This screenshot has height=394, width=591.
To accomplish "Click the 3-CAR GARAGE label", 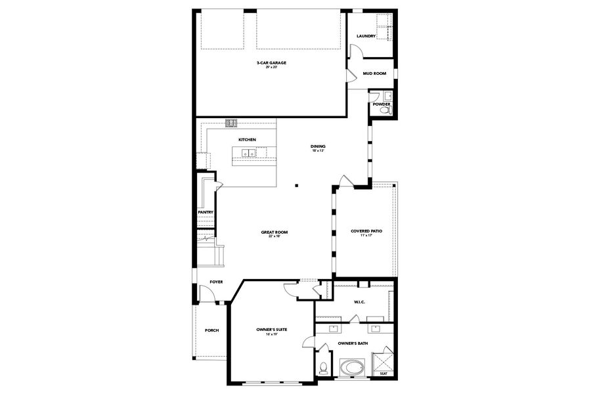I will tap(271, 63).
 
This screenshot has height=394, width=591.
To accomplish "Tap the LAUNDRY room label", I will tap(366, 36).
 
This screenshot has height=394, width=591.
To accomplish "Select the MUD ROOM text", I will tap(374, 74).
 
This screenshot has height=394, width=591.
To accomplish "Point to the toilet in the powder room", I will tap(387, 112).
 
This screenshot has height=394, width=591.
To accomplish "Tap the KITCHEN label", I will tap(247, 140).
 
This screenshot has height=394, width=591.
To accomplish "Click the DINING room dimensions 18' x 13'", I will tap(318, 151).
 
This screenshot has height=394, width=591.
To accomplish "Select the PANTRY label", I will tap(206, 212).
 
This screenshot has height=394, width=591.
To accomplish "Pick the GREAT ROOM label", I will tap(274, 232).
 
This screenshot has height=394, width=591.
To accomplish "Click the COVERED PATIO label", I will tap(366, 231).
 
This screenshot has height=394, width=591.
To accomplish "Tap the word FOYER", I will tap(216, 282).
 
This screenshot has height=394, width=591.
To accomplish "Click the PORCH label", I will tap(211, 330).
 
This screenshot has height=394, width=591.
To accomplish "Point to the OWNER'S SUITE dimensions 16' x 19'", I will tap(272, 334).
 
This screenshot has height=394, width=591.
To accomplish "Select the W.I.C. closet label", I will tap(359, 302).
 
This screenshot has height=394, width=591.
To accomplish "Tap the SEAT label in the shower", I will tap(383, 374).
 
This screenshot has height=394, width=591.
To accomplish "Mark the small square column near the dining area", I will tap(297, 185).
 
